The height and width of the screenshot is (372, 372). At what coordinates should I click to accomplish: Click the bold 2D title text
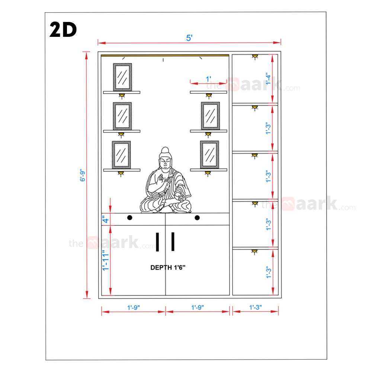[x=63, y=29]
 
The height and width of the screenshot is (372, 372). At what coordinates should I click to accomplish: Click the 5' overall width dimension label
[x=189, y=38]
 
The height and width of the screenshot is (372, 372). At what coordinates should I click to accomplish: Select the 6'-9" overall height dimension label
[x=82, y=175]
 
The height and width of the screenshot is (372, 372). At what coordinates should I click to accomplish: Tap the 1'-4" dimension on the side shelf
[x=268, y=78]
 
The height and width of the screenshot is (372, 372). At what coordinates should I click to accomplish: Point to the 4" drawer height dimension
[x=105, y=219]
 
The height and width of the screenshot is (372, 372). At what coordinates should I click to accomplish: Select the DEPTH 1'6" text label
[x=168, y=267]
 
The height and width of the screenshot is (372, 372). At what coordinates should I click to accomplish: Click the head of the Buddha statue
[x=165, y=157]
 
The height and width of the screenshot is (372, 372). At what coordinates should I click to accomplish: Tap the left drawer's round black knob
[x=129, y=218]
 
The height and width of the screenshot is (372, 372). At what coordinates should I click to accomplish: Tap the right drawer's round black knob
[x=197, y=218]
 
